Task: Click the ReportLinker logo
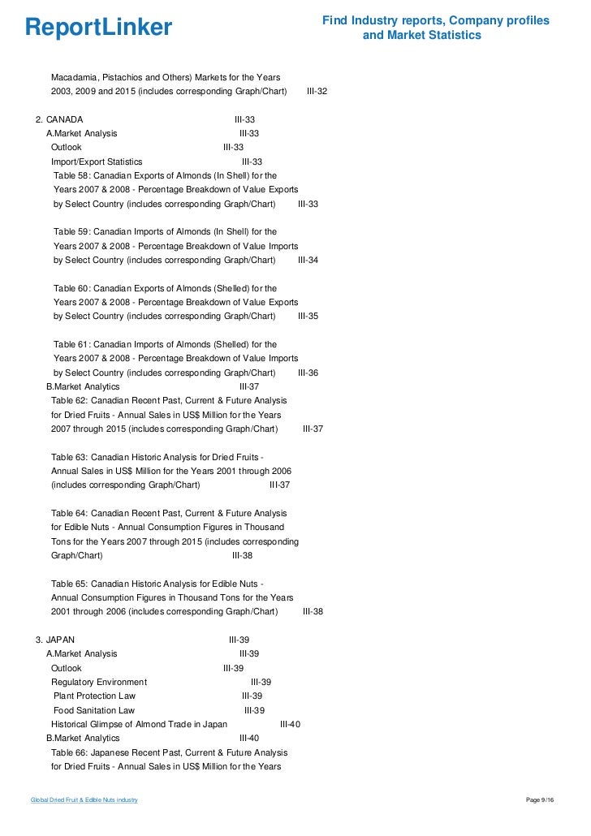coord(98,28)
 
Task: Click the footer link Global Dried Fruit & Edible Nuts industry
coord(84,800)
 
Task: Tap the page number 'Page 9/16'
coord(540,800)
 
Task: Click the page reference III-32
coord(317,92)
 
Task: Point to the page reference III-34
coord(308,260)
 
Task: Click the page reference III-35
coord(308,316)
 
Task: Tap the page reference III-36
coord(308,373)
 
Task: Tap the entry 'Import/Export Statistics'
coord(97,162)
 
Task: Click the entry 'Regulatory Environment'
coord(99,682)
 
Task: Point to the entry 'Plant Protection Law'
coord(94,696)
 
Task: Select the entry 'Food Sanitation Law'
coord(94,710)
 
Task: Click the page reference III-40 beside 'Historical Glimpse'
coord(290,724)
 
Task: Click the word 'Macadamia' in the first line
coord(73,77)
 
